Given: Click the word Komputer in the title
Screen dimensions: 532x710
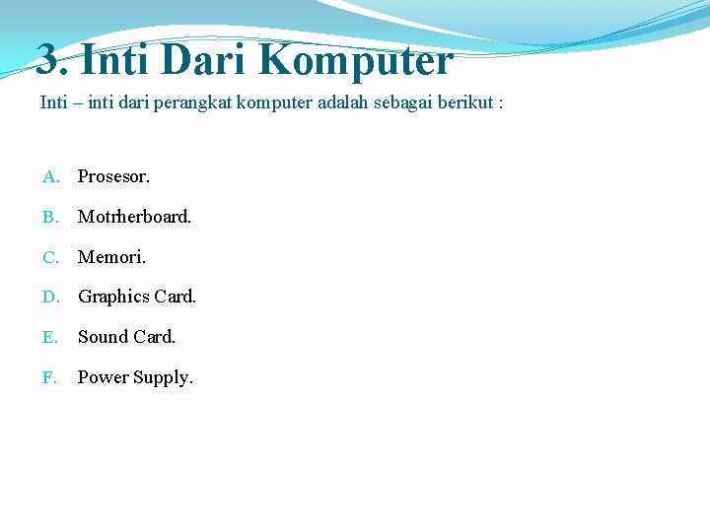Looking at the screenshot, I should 356,60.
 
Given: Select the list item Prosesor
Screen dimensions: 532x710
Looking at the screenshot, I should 113,176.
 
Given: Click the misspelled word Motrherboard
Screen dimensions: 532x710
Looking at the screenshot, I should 134,217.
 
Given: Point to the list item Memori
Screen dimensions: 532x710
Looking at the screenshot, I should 111,257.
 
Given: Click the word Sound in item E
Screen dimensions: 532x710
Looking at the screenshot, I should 103,337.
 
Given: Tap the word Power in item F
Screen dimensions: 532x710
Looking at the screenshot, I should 103,377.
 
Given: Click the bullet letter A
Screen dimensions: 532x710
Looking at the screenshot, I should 50,177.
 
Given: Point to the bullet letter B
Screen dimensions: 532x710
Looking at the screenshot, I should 50,217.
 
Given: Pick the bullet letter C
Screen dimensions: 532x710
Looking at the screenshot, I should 50,257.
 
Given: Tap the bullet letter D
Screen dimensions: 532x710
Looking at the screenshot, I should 50,297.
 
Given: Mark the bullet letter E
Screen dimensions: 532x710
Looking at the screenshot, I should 50,337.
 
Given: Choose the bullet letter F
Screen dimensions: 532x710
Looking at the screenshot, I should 49,377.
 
